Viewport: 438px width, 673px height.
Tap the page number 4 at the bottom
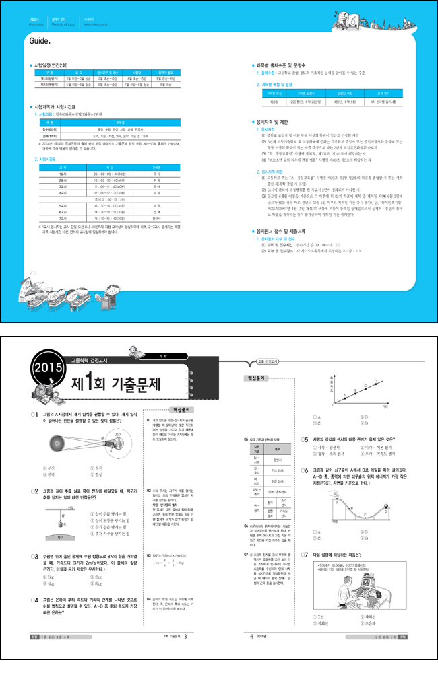click(251, 654)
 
